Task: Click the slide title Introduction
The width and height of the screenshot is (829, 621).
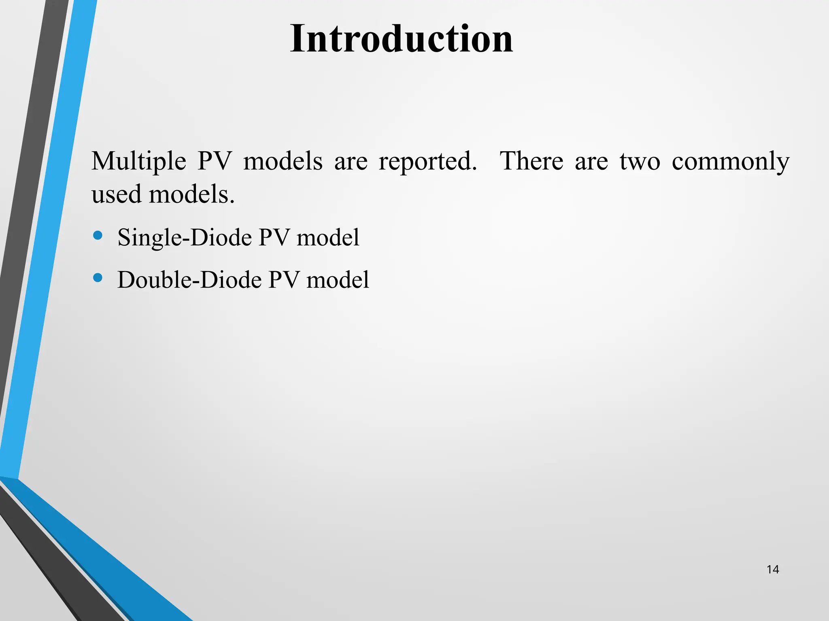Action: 401,39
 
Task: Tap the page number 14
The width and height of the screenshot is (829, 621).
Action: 772,570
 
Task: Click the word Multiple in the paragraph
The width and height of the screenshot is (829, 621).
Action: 138,161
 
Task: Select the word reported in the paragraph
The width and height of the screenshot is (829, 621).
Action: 427,161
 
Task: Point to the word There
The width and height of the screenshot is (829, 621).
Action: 531,161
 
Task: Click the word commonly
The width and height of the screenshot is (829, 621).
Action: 730,161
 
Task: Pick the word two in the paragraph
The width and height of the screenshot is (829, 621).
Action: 640,161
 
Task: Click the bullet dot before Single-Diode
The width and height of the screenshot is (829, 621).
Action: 98,235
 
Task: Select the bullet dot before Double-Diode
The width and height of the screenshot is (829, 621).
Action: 98,278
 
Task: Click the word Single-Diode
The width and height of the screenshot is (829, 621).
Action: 185,238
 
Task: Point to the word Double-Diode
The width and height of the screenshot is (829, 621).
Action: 189,280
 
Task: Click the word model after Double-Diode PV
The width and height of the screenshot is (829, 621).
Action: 338,280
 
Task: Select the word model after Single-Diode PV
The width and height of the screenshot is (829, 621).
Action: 328,238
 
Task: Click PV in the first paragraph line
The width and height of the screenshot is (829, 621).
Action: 214,161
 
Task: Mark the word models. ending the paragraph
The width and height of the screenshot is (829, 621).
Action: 191,194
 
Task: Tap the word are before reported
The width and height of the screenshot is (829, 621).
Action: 351,161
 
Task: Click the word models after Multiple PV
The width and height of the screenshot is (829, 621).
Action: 283,161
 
